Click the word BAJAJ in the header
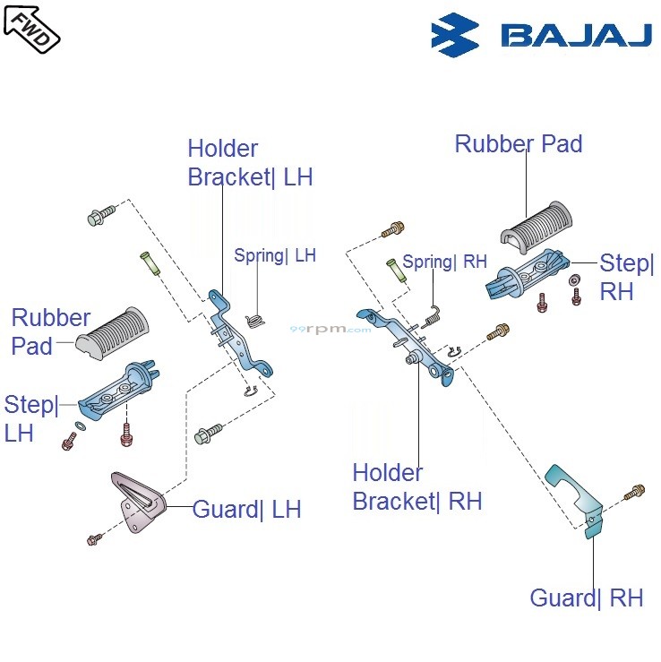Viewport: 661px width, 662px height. pos(576,36)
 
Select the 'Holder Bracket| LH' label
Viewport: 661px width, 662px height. pos(250,163)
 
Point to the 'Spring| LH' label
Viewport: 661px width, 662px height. pos(275,255)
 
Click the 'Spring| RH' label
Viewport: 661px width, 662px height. pos(444,262)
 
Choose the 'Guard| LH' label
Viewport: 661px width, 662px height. pos(246,510)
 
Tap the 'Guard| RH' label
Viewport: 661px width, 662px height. pos(587,598)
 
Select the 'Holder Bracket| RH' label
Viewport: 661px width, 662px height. pos(416,486)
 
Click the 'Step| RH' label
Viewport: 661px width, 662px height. pos(627,277)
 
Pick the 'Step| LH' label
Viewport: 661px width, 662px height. pos(31,417)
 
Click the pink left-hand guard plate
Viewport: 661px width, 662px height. pos(135,503)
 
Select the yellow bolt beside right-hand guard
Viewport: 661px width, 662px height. pos(636,490)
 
